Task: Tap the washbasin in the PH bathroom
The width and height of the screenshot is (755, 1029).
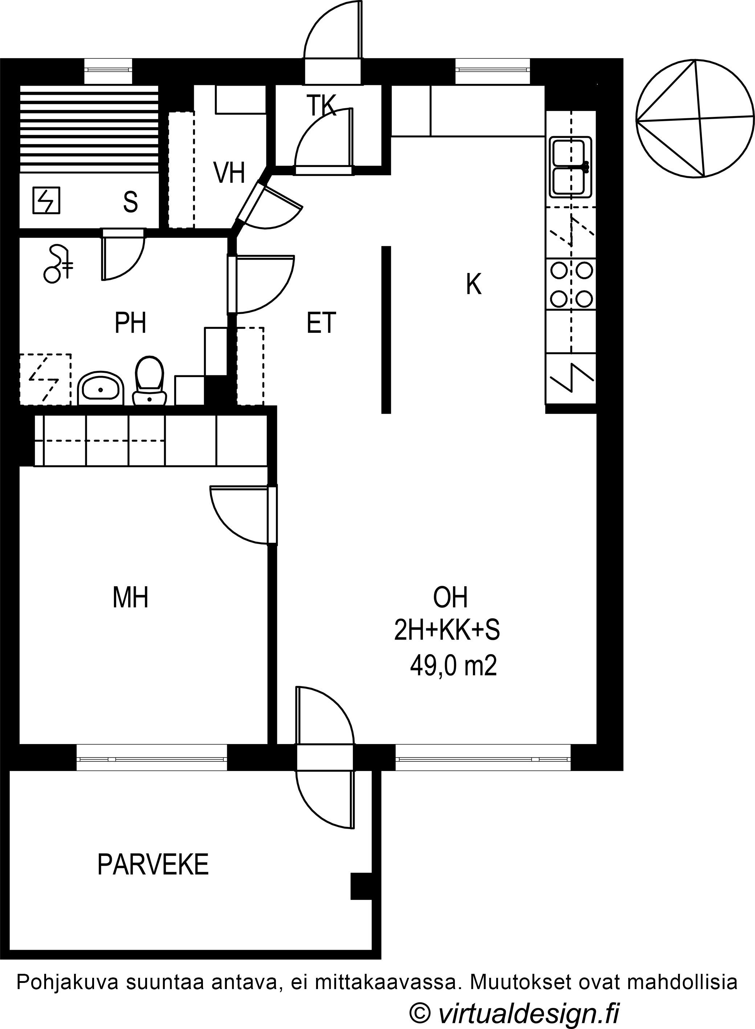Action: tap(101, 388)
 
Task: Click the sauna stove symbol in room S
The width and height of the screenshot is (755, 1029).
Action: tap(46, 201)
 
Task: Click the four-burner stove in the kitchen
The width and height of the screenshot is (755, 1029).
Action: tap(571, 285)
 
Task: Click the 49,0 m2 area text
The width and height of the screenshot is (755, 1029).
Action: tap(453, 666)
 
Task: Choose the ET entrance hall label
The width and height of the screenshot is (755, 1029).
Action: tap(321, 322)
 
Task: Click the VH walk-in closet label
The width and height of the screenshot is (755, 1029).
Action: tap(229, 173)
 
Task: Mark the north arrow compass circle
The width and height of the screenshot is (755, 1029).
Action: tap(695, 118)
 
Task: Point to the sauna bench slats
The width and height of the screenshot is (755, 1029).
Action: tap(89, 129)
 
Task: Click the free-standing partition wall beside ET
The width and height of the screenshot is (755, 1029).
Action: tap(386, 330)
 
